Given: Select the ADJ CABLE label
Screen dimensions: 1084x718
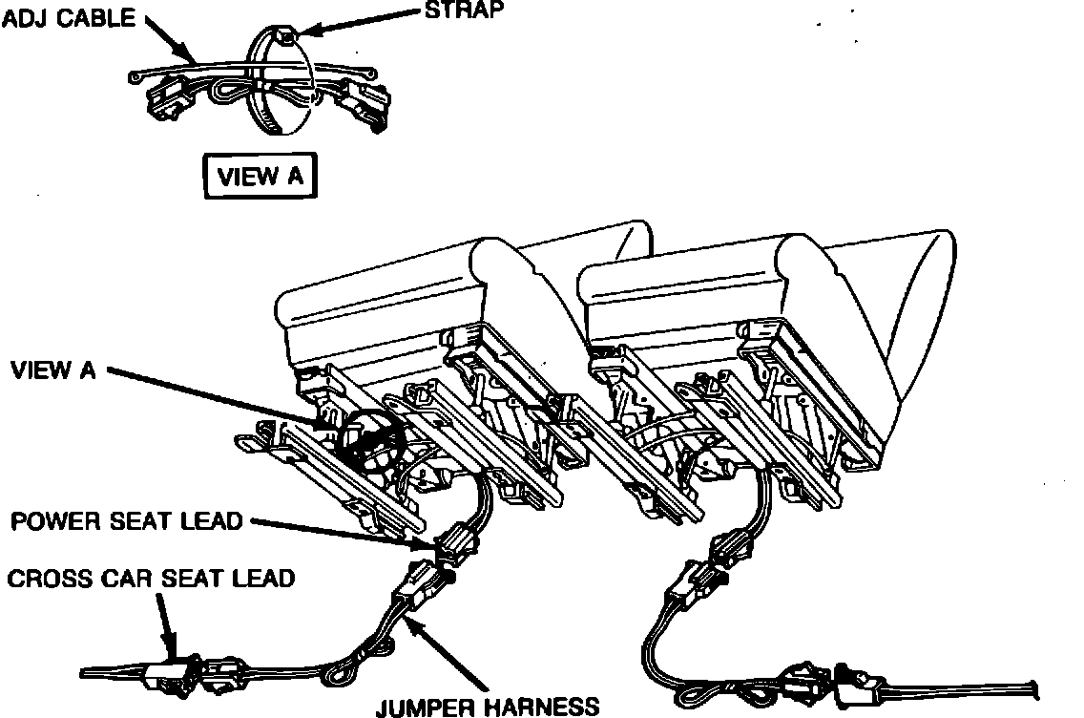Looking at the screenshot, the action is pyautogui.click(x=70, y=18).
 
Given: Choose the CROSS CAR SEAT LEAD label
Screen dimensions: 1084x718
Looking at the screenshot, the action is pyautogui.click(x=151, y=579).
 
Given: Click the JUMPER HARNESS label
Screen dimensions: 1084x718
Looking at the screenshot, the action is pyautogui.click(x=488, y=707).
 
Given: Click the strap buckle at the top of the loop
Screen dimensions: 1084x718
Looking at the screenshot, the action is pyautogui.click(x=285, y=37).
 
